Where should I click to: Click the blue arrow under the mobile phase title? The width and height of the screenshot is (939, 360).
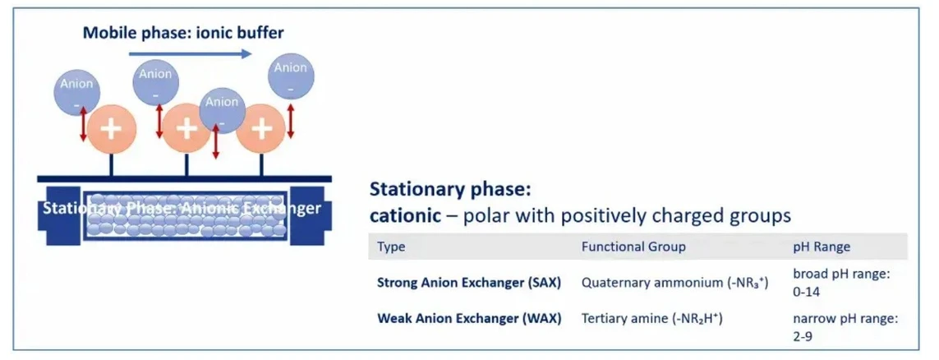click(190, 53)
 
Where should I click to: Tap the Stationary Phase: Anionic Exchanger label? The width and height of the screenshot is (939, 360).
click(182, 207)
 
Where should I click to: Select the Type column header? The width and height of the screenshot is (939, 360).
click(391, 247)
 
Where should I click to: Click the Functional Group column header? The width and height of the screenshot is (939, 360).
click(633, 247)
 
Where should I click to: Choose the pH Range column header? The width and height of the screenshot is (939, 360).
click(821, 247)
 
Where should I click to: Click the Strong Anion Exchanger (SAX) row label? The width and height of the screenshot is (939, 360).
click(468, 282)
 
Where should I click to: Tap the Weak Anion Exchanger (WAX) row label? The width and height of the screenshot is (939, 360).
click(468, 318)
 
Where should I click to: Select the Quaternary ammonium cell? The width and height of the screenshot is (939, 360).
click(674, 282)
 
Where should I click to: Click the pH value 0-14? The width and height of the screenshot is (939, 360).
click(807, 291)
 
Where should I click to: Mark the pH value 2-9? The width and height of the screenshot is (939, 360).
click(803, 335)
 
